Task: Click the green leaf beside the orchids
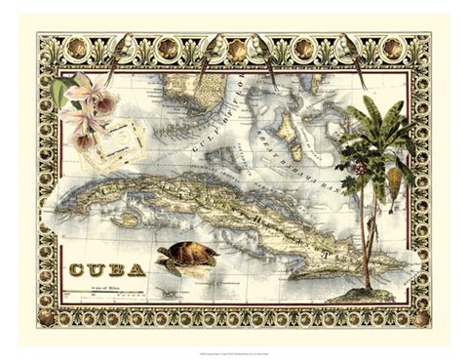(x=61, y=92)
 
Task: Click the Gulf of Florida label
(x=227, y=107)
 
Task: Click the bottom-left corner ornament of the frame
(x=43, y=318)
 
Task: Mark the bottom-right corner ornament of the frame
(x=421, y=318)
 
